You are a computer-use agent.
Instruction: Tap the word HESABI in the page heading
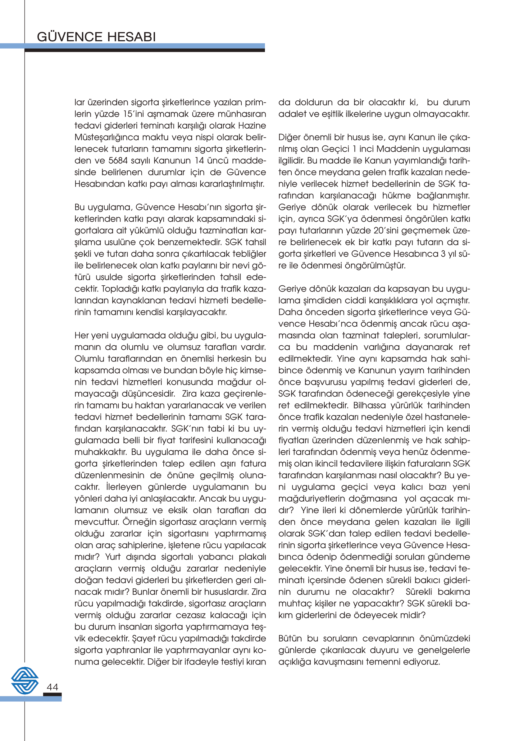pos(131,37)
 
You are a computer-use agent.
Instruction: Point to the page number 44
pos(52,687)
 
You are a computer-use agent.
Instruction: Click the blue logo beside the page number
pos(25,680)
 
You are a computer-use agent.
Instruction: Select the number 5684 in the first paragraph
pos(118,161)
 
